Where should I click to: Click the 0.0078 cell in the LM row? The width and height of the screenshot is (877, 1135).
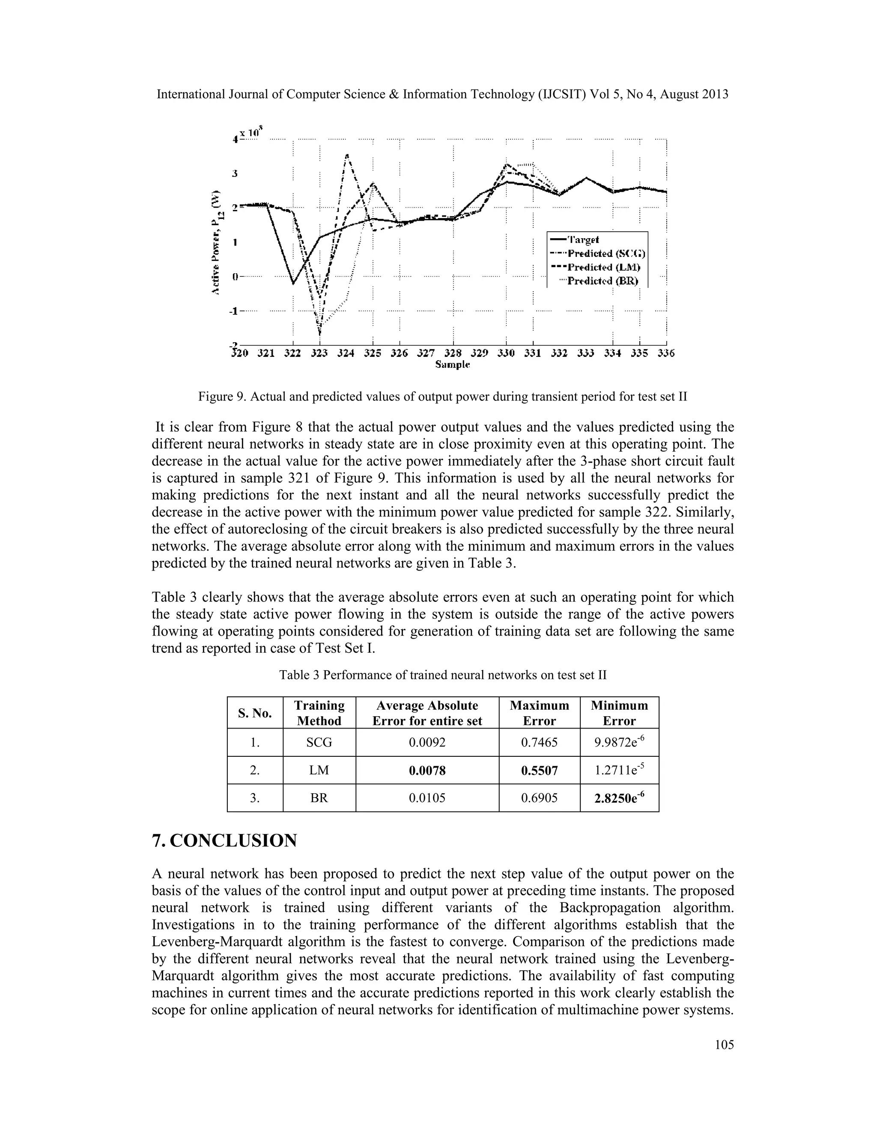[427, 770]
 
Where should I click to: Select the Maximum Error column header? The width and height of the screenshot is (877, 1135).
[539, 713]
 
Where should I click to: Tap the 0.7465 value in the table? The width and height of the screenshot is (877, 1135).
[539, 742]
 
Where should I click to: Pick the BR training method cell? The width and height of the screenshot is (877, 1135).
[319, 798]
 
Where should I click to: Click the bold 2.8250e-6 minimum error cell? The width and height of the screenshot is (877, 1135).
[619, 798]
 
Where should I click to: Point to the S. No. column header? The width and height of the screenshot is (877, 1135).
[255, 713]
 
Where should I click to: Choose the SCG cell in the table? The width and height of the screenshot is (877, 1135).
[319, 742]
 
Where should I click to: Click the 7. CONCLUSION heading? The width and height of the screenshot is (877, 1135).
[224, 840]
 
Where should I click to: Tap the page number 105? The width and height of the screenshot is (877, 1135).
[724, 1045]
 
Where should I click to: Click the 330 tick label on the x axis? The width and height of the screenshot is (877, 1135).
[506, 353]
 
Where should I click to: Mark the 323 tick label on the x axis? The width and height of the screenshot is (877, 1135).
[319, 353]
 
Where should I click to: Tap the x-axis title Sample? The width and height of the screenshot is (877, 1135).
[452, 365]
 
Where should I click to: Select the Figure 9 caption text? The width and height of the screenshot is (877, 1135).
[443, 397]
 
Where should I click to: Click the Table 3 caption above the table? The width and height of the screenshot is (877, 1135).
[443, 675]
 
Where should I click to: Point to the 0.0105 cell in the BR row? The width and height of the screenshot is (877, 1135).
[427, 798]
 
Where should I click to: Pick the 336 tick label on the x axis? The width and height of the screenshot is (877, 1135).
[665, 353]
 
